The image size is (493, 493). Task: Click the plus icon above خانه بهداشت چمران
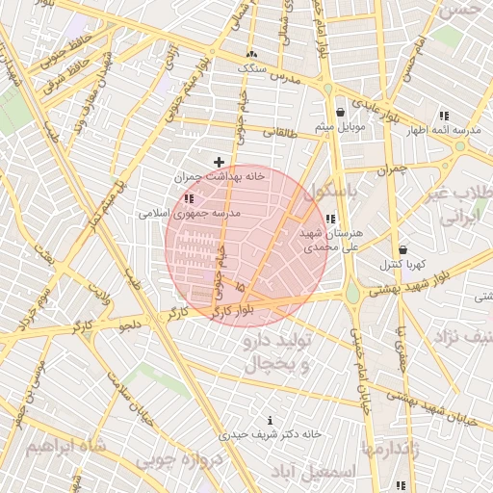[x=220, y=161]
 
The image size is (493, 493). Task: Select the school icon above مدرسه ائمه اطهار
[x=444, y=115]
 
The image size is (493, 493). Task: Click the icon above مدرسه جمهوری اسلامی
[x=188, y=197]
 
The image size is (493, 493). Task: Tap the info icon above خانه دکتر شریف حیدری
[x=269, y=420]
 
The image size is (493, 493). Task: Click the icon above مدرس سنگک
[x=252, y=54]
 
